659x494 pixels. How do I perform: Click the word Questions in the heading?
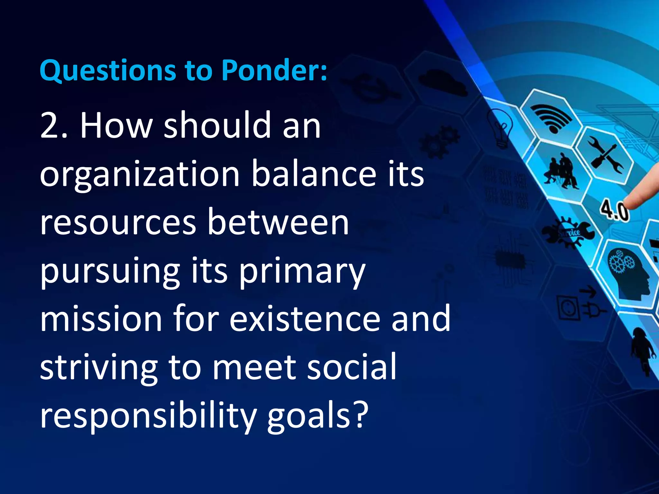108,71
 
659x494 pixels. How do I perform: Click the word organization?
140,175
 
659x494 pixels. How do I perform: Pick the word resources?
118,224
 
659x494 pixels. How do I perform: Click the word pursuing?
110,273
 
